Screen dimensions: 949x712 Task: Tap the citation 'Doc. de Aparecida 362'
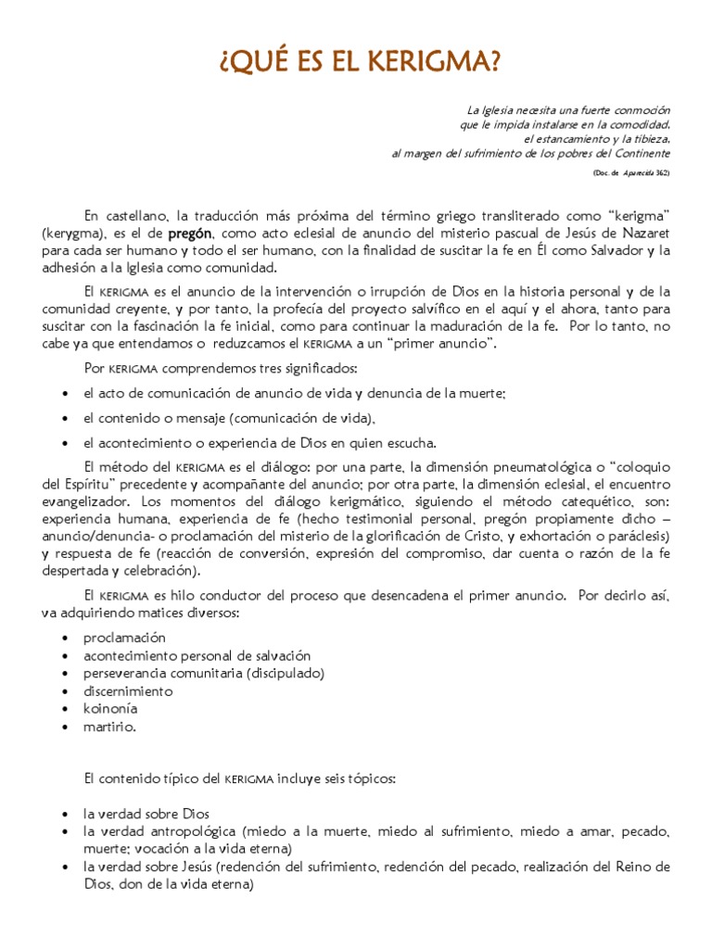629,173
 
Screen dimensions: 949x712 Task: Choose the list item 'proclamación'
124,638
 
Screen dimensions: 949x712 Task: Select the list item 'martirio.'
109,727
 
